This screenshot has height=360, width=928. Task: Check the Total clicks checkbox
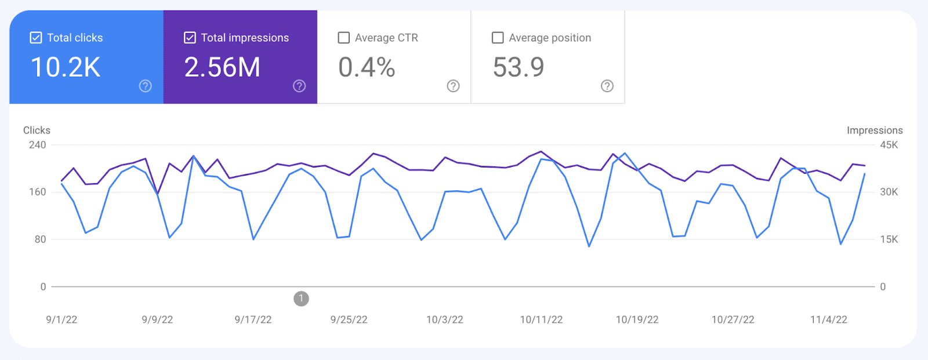pos(36,38)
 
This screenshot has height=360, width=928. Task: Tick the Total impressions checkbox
pos(190,38)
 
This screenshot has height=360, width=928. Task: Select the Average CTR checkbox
pos(344,38)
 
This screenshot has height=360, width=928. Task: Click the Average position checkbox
pos(498,38)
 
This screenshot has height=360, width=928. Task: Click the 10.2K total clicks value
pos(66,67)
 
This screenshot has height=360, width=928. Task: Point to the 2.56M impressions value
pos(222,67)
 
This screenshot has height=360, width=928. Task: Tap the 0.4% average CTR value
pos(367,67)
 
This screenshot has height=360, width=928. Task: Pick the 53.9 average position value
pos(519,67)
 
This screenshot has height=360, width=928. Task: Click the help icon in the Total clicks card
pos(146,86)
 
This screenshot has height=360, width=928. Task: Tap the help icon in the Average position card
pos(607,86)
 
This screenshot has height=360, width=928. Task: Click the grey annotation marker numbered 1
pos(301,299)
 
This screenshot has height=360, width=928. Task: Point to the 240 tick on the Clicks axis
pos(38,145)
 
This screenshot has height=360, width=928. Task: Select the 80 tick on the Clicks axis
pos(40,239)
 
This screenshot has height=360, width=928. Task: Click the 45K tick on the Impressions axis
pos(889,145)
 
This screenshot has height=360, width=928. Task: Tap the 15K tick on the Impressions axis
pos(889,239)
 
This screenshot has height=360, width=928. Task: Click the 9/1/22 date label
pos(61,319)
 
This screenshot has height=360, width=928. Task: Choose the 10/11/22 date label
pos(541,319)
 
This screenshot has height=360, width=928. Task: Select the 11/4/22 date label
pos(829,319)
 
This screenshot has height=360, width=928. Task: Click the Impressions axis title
pos(875,130)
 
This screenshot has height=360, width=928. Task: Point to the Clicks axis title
pos(37,130)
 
